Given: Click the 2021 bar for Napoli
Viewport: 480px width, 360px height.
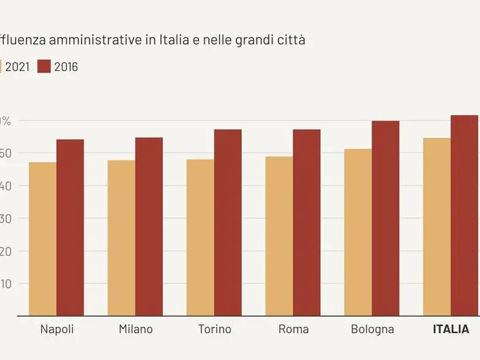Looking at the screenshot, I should tap(42, 239).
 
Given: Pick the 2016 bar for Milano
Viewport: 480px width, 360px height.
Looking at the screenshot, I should tap(149, 227).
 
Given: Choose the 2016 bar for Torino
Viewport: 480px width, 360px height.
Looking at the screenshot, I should tap(228, 223).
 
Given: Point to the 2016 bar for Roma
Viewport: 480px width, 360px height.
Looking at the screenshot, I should tap(306, 223).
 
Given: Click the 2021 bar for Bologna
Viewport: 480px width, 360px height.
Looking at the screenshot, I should tap(358, 233).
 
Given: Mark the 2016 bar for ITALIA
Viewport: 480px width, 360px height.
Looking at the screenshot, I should tap(464, 216).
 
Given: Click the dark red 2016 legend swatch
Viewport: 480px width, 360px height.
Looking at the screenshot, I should tap(43, 67).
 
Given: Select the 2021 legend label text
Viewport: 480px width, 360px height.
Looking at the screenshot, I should tap(17, 67).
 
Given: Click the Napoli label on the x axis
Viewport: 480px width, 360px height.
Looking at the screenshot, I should tap(57, 329).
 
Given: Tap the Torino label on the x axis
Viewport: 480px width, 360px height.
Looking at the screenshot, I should tap(214, 329).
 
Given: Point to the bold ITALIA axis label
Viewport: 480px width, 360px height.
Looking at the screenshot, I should tap(451, 329).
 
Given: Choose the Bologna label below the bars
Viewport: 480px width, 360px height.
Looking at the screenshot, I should tap(372, 329).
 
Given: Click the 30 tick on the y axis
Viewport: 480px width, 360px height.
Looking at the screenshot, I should tap(6, 219).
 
